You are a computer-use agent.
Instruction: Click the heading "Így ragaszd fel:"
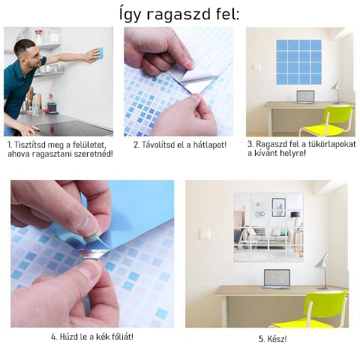(179, 14)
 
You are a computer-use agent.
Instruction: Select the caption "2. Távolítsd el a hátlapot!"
(180, 145)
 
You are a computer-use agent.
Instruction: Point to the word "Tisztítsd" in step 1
(31, 145)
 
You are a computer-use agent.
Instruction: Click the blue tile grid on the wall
(298, 61)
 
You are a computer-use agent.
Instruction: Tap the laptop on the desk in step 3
(305, 97)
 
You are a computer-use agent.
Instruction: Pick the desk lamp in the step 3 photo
(337, 91)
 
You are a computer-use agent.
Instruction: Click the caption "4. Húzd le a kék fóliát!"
(92, 337)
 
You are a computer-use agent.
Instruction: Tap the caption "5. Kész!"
(273, 339)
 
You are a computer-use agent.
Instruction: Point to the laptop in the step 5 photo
(277, 279)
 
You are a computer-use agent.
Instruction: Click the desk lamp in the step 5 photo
(322, 271)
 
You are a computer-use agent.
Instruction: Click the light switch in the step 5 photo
(205, 234)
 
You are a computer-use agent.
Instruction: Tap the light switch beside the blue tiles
(256, 67)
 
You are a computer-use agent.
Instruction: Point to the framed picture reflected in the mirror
(278, 207)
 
